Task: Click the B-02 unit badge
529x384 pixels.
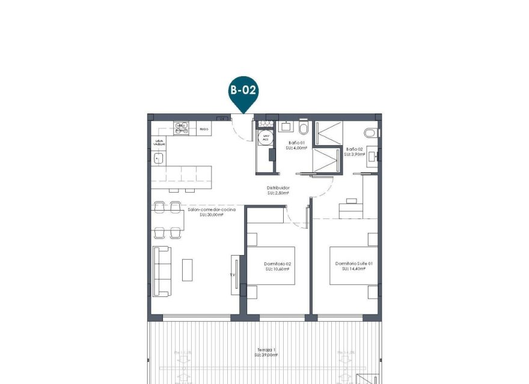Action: pos(243,92)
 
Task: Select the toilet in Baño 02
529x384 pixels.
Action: pos(371,132)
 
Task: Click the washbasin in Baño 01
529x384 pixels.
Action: pos(286,127)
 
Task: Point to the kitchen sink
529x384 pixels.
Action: pos(159,158)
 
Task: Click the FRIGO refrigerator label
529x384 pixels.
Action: pos(204,128)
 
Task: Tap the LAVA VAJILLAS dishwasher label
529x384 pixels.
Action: pos(159,143)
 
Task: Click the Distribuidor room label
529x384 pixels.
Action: pos(278,188)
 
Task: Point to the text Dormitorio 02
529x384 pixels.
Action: pos(278,264)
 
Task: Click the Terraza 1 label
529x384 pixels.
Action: pos(264,350)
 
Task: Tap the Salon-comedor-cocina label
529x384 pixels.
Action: pos(211,209)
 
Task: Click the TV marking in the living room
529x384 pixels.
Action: pos(232,275)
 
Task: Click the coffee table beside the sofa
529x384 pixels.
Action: pos(188,270)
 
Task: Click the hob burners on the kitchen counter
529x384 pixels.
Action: pos(182,127)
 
